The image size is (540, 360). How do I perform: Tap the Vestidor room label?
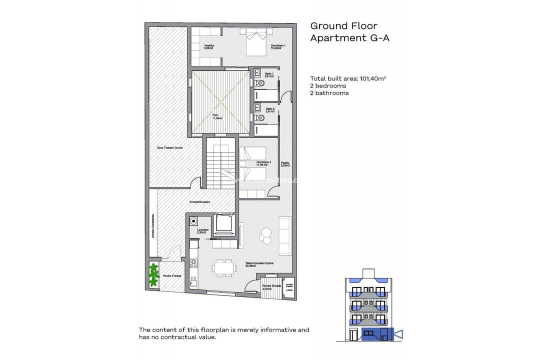pyautogui.click(x=209, y=46)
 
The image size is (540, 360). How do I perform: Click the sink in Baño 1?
pyautogui.click(x=258, y=72)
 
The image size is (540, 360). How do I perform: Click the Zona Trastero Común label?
pyautogui.click(x=169, y=148)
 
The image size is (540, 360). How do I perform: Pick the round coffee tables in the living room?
pyautogui.click(x=265, y=235)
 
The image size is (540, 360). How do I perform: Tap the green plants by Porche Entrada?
pyautogui.click(x=153, y=275)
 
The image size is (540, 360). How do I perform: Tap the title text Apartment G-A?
pyautogui.click(x=349, y=38)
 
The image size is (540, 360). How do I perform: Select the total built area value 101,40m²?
pyautogui.click(x=369, y=78)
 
